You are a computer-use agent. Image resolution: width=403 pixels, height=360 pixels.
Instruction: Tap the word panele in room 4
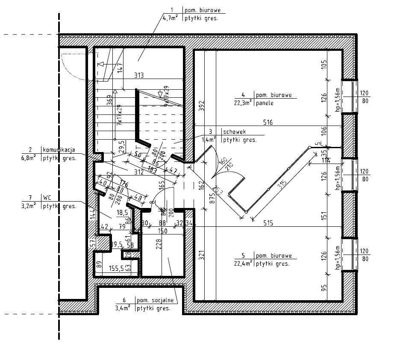[265, 103]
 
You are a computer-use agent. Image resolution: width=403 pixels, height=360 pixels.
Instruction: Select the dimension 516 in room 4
[268, 123]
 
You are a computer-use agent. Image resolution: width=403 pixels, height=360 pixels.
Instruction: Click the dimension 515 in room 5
[268, 222]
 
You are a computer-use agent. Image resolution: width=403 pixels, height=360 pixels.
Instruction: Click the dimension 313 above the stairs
[138, 76]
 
